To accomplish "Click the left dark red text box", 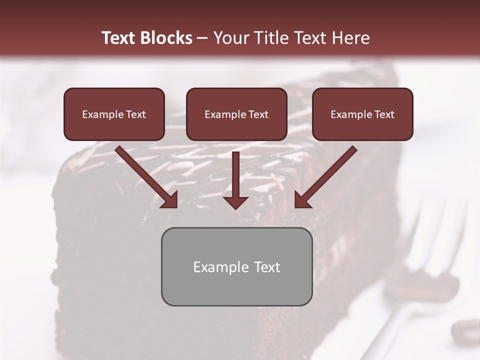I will click(114, 114).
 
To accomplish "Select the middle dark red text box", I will click(236, 114).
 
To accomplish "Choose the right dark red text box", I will click(362, 114).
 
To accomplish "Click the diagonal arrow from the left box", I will click(145, 175).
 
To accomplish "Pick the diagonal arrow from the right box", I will click(327, 175).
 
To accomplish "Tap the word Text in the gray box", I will click(267, 267).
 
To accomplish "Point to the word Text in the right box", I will click(384, 114).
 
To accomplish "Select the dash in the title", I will click(202, 38).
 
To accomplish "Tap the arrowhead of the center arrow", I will click(235, 202).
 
